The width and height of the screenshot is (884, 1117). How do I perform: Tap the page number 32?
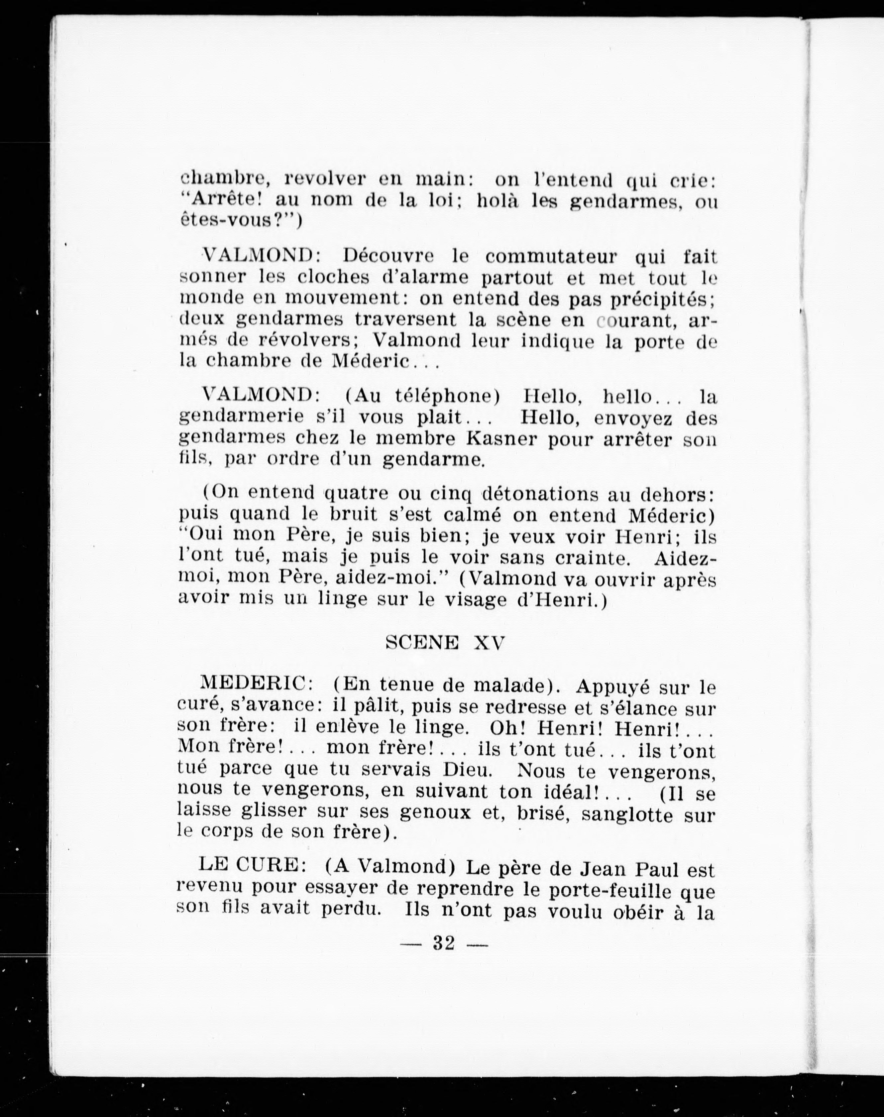(x=444, y=943)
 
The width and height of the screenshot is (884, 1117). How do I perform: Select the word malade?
(x=518, y=685)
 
